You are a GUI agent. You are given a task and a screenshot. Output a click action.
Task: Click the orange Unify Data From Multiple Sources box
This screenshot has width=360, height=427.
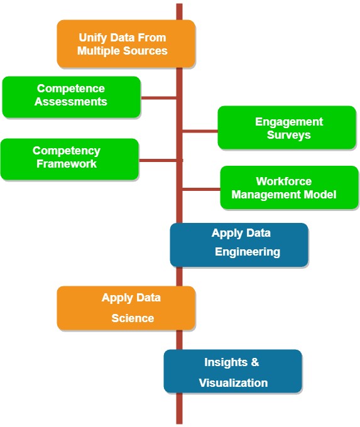click(x=126, y=43)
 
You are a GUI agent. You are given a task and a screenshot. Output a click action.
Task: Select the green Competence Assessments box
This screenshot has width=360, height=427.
click(x=72, y=97)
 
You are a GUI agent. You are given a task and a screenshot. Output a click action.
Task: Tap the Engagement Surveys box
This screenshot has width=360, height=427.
click(x=287, y=127)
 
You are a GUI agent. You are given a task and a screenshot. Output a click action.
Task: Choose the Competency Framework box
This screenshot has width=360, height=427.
click(x=70, y=159)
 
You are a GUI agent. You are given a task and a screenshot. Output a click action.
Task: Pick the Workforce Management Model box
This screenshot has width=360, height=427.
click(x=290, y=187)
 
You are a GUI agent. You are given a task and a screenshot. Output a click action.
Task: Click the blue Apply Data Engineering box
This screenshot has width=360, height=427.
click(x=239, y=245)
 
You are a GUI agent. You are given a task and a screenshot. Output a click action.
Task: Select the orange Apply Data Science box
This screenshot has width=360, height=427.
click(x=126, y=308)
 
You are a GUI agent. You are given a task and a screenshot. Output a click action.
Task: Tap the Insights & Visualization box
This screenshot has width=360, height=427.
click(x=232, y=371)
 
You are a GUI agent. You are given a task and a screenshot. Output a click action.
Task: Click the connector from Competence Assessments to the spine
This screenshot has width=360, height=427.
click(x=158, y=98)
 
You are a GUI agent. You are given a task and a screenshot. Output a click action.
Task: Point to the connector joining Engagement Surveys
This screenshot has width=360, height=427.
click(x=200, y=131)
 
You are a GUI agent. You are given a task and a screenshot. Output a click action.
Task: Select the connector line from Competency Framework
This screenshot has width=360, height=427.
click(x=161, y=160)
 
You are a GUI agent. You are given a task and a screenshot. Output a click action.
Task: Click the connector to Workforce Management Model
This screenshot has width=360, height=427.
click(x=201, y=189)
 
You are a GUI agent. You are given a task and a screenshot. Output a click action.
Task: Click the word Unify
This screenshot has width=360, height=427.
click(x=92, y=38)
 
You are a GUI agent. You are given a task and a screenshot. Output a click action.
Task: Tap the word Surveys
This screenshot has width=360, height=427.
click(x=289, y=135)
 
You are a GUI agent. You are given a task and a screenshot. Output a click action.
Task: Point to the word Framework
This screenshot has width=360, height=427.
click(x=67, y=164)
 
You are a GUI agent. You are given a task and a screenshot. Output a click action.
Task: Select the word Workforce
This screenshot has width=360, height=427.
click(x=284, y=181)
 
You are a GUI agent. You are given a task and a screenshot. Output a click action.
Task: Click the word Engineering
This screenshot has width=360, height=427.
click(x=248, y=252)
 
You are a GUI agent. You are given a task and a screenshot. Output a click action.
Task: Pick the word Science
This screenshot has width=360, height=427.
click(x=133, y=318)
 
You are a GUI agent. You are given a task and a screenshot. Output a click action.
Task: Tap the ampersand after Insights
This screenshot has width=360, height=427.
click(x=255, y=362)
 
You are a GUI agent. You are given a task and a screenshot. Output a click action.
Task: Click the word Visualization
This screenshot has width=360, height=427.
click(x=233, y=383)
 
